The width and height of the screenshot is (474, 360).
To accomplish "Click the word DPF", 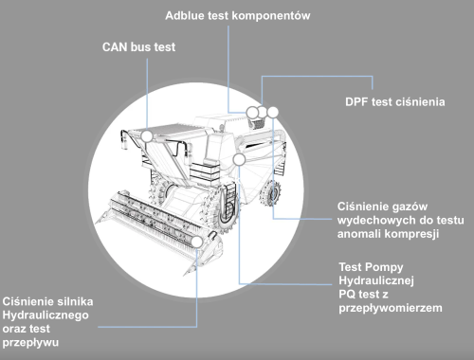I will [x=358, y=101].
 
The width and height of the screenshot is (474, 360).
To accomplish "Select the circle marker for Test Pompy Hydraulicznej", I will [x=240, y=159].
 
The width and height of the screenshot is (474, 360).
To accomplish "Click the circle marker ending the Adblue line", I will [x=252, y=113].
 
